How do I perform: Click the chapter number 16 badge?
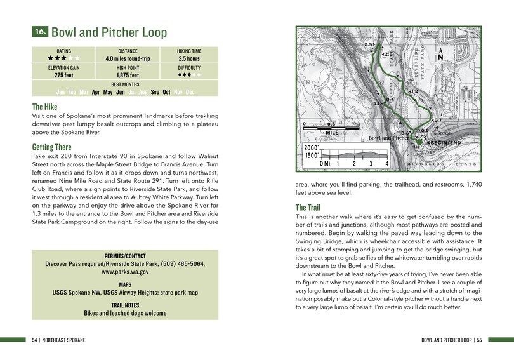[39, 32]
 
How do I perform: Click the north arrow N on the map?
[440, 56]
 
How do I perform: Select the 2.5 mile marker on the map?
[369, 45]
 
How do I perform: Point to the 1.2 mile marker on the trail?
[413, 91]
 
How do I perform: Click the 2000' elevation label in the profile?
[313, 146]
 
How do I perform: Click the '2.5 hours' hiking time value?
[189, 59]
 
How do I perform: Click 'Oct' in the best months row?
[166, 92]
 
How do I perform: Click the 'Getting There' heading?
[56, 147]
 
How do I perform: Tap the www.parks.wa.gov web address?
[125, 272]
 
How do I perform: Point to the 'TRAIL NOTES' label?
[125, 305]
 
